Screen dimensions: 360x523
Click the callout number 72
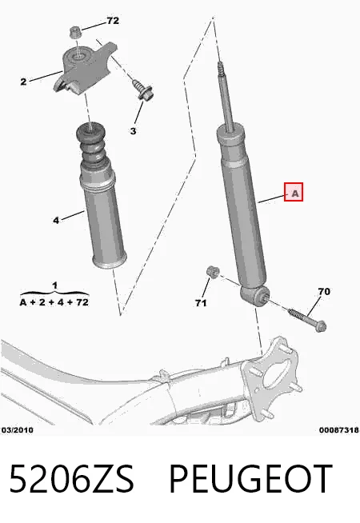113,21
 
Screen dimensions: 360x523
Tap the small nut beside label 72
75,33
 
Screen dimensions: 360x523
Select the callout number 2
23,82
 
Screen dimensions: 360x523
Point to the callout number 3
133,131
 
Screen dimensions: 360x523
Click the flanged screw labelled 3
142,90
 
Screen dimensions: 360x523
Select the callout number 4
56,221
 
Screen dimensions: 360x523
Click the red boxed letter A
294,192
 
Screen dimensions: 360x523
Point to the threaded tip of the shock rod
220,68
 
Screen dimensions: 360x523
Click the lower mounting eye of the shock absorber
254,295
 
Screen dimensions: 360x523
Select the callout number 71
201,303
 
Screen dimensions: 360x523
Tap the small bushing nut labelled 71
212,271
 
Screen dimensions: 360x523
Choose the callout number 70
324,292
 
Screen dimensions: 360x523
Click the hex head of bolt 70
321,326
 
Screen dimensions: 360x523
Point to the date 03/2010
18,430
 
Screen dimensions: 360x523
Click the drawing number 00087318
339,430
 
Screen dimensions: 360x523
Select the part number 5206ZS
71,478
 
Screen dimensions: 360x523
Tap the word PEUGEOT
251,478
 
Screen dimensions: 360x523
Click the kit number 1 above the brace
54,285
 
